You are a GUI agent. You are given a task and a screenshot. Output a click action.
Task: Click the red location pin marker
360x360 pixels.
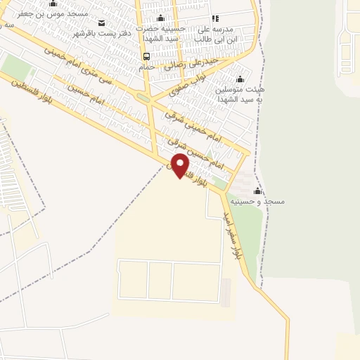(x=181, y=167)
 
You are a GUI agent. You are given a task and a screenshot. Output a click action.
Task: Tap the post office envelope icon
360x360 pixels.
(x=102, y=23)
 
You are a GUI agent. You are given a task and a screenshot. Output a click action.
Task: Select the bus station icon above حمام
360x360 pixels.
(x=146, y=56)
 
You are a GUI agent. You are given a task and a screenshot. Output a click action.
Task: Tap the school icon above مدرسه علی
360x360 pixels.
(x=214, y=19)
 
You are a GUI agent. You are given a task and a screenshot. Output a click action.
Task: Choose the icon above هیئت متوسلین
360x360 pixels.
(x=240, y=79)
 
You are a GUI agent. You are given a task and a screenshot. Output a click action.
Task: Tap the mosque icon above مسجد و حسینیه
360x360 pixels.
(x=257, y=191)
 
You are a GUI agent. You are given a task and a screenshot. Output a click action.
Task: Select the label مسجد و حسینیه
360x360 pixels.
(x=261, y=201)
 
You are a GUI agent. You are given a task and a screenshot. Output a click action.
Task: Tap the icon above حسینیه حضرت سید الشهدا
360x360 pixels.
(x=161, y=18)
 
